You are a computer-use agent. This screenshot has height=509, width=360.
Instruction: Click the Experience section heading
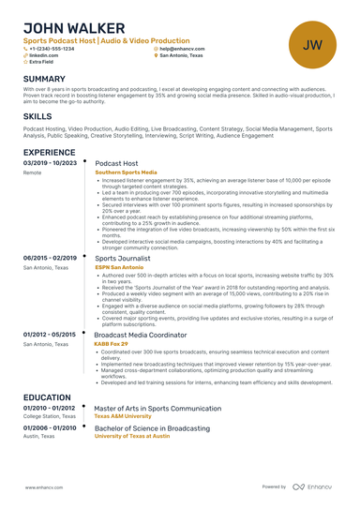[50, 152]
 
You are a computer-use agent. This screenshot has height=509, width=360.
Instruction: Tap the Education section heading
[48, 397]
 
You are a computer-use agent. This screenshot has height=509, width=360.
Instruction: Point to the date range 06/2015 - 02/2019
[50, 257]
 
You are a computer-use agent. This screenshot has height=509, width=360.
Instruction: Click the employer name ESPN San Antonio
[118, 267]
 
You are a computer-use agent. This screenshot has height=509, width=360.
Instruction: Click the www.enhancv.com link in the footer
[42, 487]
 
